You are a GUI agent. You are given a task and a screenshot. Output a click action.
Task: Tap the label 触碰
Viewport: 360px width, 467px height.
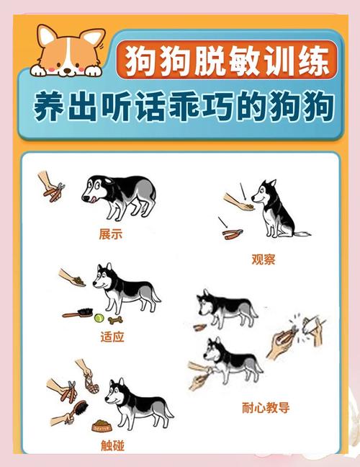112,445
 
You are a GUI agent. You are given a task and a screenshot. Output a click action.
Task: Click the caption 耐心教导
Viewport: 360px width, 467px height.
266,408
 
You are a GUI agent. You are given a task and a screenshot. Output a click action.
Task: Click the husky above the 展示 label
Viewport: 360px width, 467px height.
119,194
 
